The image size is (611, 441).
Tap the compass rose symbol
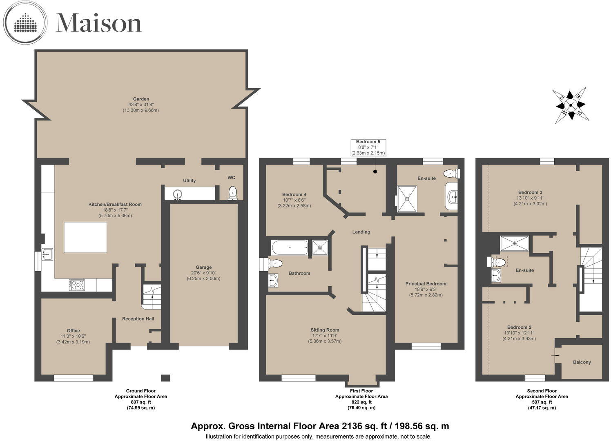[571, 105]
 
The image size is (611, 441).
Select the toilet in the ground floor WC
[232, 193]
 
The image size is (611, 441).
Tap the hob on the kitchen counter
[77, 285]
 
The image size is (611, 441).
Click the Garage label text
[203, 267]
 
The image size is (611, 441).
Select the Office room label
[74, 331]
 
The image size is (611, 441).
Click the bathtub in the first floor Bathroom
[289, 247]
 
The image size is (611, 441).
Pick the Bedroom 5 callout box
[368, 147]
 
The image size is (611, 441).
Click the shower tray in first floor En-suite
[407, 199]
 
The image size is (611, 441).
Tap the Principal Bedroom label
[426, 284]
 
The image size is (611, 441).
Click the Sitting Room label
[325, 330]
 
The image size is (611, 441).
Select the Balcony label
[582, 362]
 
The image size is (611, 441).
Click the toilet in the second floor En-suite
[495, 262]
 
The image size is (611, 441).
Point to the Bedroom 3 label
[530, 192]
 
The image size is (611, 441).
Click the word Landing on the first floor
[361, 232]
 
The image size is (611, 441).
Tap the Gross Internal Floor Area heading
[320, 426]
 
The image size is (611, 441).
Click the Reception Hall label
[138, 319]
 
